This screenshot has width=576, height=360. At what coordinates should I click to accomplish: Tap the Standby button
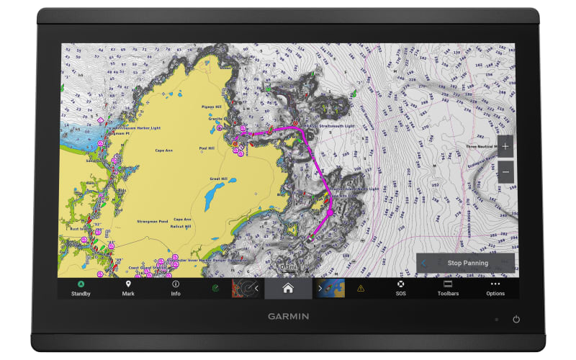81,288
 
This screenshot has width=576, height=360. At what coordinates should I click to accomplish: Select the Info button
176,288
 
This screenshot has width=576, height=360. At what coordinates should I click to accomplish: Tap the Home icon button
288,288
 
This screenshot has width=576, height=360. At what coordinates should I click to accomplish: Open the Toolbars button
448,288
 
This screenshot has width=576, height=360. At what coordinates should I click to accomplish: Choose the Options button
495,288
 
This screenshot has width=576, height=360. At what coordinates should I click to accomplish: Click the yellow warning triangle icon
361,288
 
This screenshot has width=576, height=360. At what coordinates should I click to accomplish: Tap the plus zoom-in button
505,146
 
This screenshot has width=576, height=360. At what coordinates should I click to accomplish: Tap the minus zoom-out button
505,172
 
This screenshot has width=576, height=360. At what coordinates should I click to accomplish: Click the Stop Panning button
467,263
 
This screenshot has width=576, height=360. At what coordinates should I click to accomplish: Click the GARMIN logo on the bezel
288,315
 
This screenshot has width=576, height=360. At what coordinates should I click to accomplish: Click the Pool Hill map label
207,148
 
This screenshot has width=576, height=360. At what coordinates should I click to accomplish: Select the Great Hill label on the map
219,179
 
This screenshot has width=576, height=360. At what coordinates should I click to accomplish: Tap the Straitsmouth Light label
336,126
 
